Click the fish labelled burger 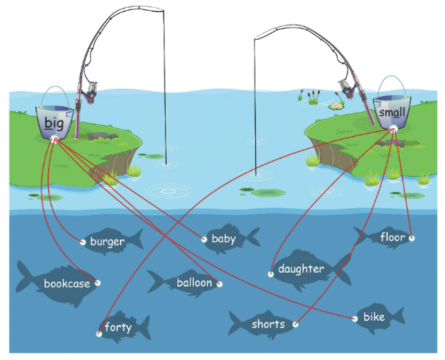tap(109, 241)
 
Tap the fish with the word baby tap(226, 238)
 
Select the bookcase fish tap(61, 283)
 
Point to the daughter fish tap(305, 268)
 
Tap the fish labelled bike tap(376, 317)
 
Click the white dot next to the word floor tap(411, 237)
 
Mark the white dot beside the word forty tap(99, 334)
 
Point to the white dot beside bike tap(354, 319)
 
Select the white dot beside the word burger tap(83, 242)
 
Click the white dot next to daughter tap(271, 274)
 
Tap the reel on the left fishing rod tap(91, 92)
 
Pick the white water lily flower tap(335, 106)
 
